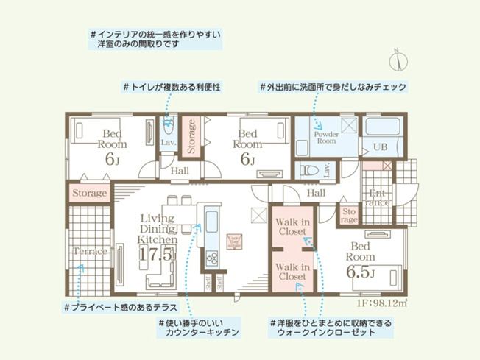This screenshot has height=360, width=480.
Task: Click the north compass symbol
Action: [398, 55]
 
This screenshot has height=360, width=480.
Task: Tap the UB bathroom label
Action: [380, 147]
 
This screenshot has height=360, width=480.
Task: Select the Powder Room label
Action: [325, 137]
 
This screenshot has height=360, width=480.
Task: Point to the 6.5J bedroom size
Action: [361, 274]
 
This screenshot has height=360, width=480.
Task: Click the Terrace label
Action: [90, 252]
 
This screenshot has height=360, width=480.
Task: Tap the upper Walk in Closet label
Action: [292, 227]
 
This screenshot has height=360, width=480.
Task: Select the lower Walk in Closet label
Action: [292, 272]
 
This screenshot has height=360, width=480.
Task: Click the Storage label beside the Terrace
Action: [90, 193]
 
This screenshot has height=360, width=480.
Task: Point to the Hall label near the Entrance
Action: [317, 192]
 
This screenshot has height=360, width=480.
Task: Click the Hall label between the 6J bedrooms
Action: [180, 171]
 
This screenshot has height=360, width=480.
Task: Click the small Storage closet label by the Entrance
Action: [349, 215]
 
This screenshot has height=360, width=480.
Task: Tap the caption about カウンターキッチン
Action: [199, 328]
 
